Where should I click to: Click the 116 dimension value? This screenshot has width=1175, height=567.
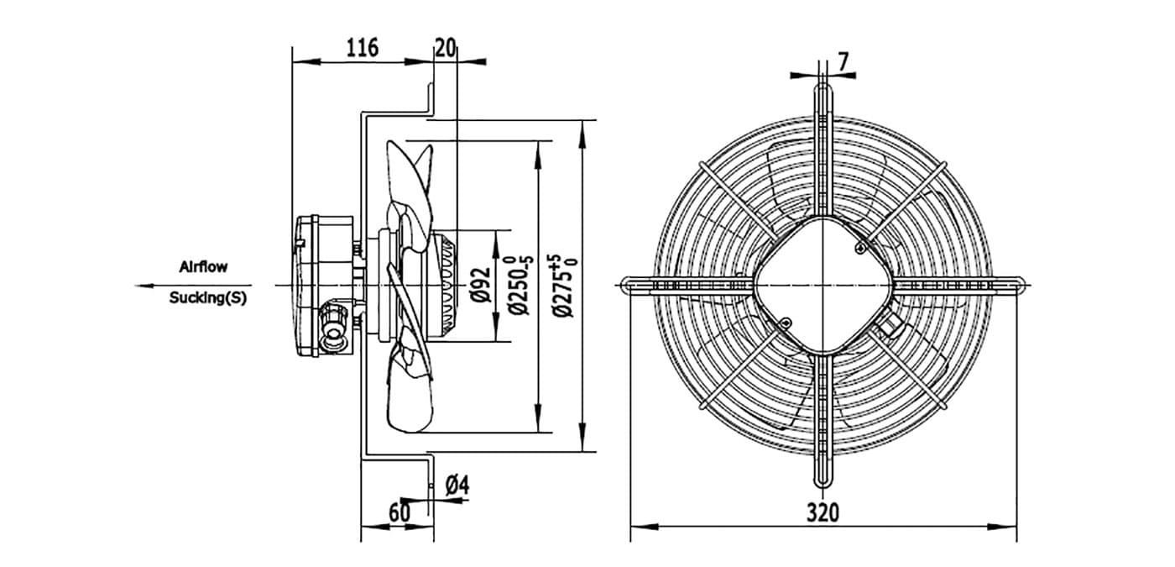point(362,48)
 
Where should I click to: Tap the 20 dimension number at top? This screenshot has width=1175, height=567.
point(446,48)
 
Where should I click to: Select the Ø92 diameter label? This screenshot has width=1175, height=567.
point(481,285)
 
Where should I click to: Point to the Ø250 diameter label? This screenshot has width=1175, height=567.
point(521,285)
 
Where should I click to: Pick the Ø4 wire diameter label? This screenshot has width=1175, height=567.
point(457,485)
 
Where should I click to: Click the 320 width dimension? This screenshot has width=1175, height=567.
point(822,512)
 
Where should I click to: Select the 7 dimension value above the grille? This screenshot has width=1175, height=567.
point(843,62)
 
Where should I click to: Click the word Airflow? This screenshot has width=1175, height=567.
point(203,267)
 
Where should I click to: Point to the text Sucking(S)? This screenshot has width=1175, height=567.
point(208,297)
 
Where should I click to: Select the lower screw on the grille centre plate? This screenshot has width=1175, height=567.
point(786,323)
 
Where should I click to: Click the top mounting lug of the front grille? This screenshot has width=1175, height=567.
point(823,100)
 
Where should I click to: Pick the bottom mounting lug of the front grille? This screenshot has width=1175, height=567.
point(823,470)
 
